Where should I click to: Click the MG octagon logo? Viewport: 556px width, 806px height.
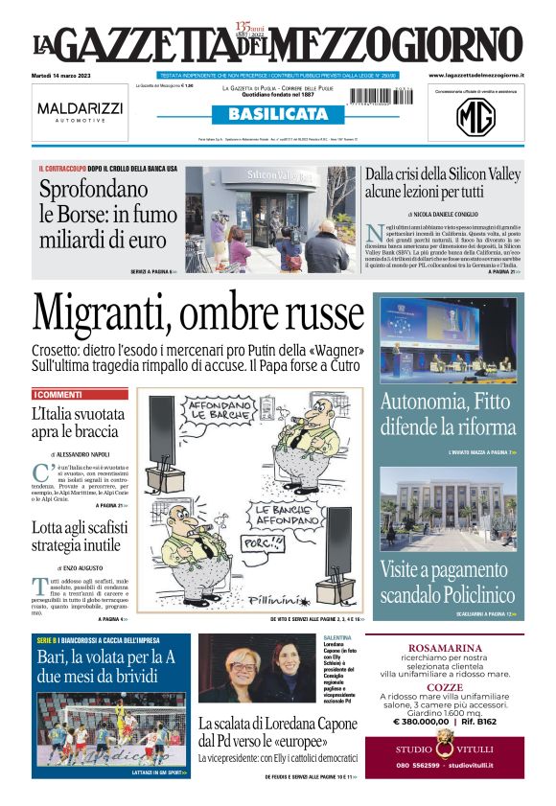(475, 117)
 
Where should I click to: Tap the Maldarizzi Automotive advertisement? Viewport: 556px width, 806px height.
(81, 112)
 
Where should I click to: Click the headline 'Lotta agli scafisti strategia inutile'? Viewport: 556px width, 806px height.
(77, 536)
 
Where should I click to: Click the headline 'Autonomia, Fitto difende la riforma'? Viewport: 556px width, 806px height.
(448, 414)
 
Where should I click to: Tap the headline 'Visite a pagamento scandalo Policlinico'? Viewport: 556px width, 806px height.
(448, 581)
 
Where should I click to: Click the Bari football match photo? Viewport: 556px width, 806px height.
(111, 732)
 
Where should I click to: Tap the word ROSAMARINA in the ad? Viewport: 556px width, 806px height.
(444, 647)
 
